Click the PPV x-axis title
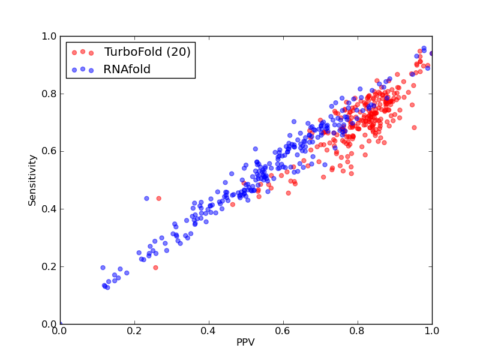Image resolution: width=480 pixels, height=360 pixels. click(x=245, y=342)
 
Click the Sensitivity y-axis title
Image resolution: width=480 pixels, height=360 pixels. click(x=32, y=181)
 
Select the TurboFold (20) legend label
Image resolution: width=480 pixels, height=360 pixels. click(x=147, y=52)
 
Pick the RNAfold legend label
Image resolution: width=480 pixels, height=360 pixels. click(x=127, y=70)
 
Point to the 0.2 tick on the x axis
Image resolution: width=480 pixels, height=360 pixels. click(x=134, y=331)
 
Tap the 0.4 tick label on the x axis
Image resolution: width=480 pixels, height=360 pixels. click(x=209, y=331)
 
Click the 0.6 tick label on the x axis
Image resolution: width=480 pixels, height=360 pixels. click(x=283, y=331)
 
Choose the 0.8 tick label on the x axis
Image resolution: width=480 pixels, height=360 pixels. click(x=358, y=331)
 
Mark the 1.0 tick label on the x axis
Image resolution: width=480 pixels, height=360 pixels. click(x=432, y=331)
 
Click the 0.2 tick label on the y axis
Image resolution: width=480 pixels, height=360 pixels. click(x=49, y=266)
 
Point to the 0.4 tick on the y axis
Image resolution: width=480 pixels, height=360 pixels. click(x=49, y=209)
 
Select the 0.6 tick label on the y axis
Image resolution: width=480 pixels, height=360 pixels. click(x=49, y=152)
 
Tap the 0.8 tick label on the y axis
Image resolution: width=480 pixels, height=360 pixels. click(x=49, y=94)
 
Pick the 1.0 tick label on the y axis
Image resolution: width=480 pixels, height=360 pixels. click(x=49, y=36)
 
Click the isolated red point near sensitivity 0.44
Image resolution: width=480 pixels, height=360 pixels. click(x=158, y=199)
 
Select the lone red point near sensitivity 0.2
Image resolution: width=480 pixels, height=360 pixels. click(x=155, y=268)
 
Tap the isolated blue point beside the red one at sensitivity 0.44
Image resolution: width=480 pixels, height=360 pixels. click(x=146, y=199)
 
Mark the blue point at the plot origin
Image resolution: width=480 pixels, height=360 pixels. click(x=61, y=324)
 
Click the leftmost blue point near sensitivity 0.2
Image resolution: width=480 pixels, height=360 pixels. click(x=103, y=268)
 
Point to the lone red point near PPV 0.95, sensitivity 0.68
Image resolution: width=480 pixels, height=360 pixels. click(x=414, y=127)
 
